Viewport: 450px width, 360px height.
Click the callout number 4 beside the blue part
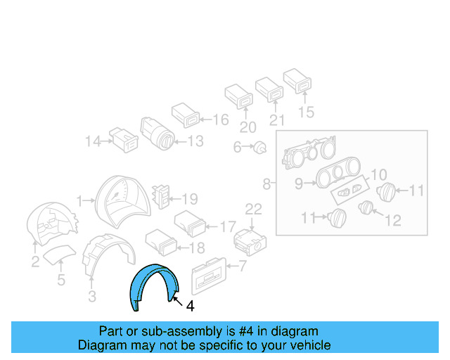[190, 306]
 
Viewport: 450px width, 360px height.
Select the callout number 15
[306, 111]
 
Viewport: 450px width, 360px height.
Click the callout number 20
[245, 127]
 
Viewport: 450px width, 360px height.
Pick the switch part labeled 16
[186, 115]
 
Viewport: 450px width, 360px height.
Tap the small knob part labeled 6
[260, 148]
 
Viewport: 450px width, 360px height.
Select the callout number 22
[253, 208]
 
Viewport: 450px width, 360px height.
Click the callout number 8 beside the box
[266, 184]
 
